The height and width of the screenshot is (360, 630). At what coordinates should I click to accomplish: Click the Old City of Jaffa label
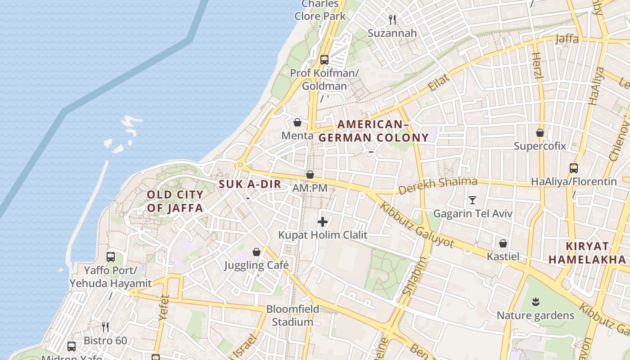175,201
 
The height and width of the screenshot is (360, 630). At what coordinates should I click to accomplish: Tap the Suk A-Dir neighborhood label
250,184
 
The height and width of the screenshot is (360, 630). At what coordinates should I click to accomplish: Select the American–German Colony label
373,131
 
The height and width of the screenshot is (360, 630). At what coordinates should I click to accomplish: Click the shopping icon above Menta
297,122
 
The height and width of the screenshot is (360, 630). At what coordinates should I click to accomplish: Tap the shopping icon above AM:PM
310,174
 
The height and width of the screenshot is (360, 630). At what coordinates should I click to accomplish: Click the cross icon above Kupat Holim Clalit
323,221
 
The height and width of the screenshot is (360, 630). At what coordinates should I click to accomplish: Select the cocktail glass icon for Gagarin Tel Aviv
472,200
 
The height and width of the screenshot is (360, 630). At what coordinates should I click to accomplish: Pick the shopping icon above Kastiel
503,243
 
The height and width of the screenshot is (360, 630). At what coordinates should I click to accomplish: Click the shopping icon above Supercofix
540,133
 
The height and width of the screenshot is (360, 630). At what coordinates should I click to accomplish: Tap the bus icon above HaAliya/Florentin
574,168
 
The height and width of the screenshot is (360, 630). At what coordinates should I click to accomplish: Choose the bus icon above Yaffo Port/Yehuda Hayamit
111,257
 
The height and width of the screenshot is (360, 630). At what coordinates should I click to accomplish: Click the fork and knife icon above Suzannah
392,19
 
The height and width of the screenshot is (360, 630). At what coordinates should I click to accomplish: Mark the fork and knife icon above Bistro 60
105,327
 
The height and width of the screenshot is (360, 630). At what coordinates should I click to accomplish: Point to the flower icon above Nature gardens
535,301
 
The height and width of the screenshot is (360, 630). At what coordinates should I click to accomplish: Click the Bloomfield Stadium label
293,315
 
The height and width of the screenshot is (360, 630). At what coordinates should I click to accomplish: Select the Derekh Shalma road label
437,185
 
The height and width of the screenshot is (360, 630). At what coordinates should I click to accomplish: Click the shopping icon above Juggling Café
256,252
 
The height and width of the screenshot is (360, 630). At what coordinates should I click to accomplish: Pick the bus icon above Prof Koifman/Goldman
324,59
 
